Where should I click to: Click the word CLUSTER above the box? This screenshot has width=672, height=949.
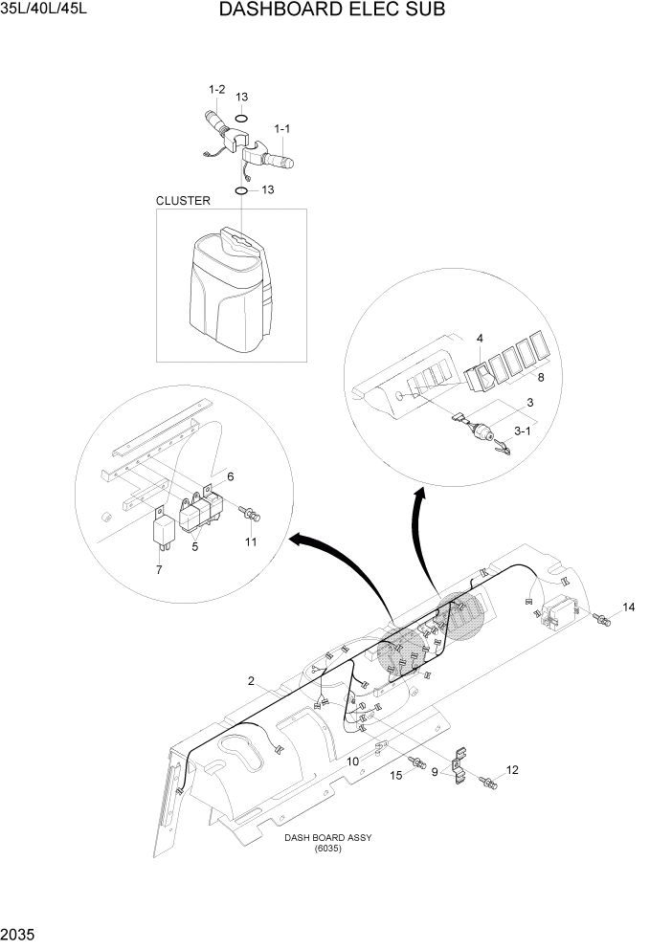pyautogui.click(x=183, y=201)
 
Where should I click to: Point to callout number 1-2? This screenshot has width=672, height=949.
pyautogui.click(x=216, y=90)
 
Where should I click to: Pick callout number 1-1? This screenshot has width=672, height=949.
pyautogui.click(x=284, y=128)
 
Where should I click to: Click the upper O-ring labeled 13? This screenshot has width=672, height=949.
pyautogui.click(x=241, y=120)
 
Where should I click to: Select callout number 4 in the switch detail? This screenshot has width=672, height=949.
pyautogui.click(x=480, y=338)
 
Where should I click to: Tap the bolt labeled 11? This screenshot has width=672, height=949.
pyautogui.click(x=252, y=516)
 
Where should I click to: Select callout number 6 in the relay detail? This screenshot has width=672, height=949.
pyautogui.click(x=230, y=475)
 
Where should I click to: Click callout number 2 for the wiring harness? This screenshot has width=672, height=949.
pyautogui.click(x=251, y=681)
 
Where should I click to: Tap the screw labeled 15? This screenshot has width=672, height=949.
pyautogui.click(x=416, y=762)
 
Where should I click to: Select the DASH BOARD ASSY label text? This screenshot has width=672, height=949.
pyautogui.click(x=327, y=838)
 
